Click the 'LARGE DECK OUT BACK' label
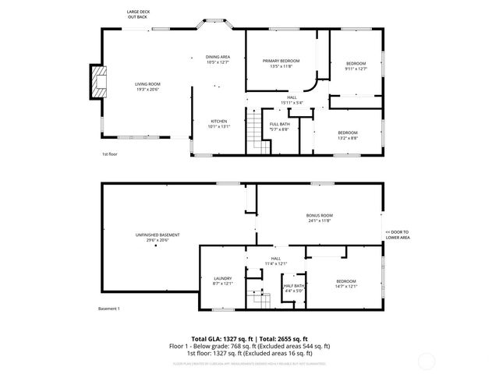point(137,14)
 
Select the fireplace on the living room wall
point(97,82)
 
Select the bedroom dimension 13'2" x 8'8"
point(348,137)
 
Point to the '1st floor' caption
point(109,154)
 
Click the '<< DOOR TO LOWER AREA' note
point(398,235)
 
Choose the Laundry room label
point(223,280)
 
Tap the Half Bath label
point(294,287)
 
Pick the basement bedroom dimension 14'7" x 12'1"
point(346,286)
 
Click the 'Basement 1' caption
point(108,309)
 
